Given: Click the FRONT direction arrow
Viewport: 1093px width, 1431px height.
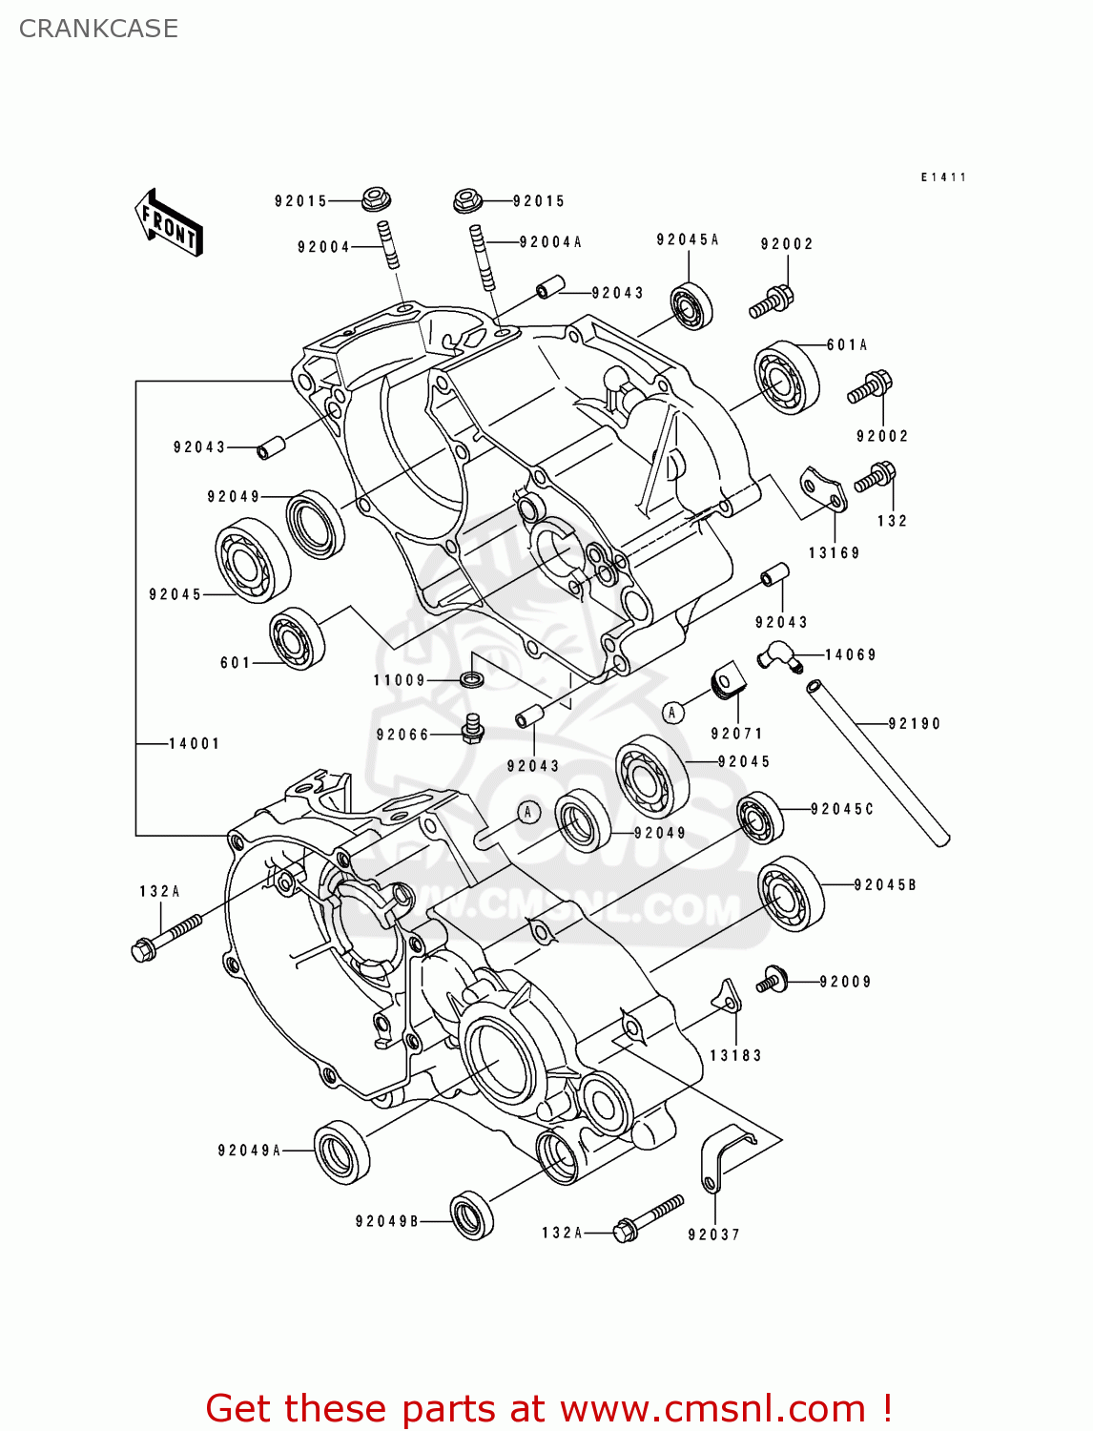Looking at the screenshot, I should [169, 222].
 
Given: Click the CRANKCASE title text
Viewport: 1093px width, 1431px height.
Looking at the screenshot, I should [98, 29].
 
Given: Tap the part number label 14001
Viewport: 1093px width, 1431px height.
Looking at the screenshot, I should [195, 743].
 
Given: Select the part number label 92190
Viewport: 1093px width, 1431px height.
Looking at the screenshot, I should [914, 724].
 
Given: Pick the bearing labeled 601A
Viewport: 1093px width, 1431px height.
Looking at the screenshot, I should [787, 378].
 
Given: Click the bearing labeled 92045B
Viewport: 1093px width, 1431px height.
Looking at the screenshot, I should [791, 894].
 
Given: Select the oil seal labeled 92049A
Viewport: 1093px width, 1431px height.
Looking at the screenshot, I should [341, 1151].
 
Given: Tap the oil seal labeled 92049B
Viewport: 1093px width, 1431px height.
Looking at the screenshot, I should [471, 1214].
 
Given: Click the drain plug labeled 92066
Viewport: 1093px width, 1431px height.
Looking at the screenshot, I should [472, 730].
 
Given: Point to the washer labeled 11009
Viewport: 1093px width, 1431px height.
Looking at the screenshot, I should [471, 679].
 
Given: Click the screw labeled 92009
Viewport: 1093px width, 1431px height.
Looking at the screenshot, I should [772, 979].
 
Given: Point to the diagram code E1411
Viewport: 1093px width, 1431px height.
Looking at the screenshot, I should [943, 177].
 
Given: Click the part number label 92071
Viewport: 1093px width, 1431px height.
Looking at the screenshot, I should [736, 734].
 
